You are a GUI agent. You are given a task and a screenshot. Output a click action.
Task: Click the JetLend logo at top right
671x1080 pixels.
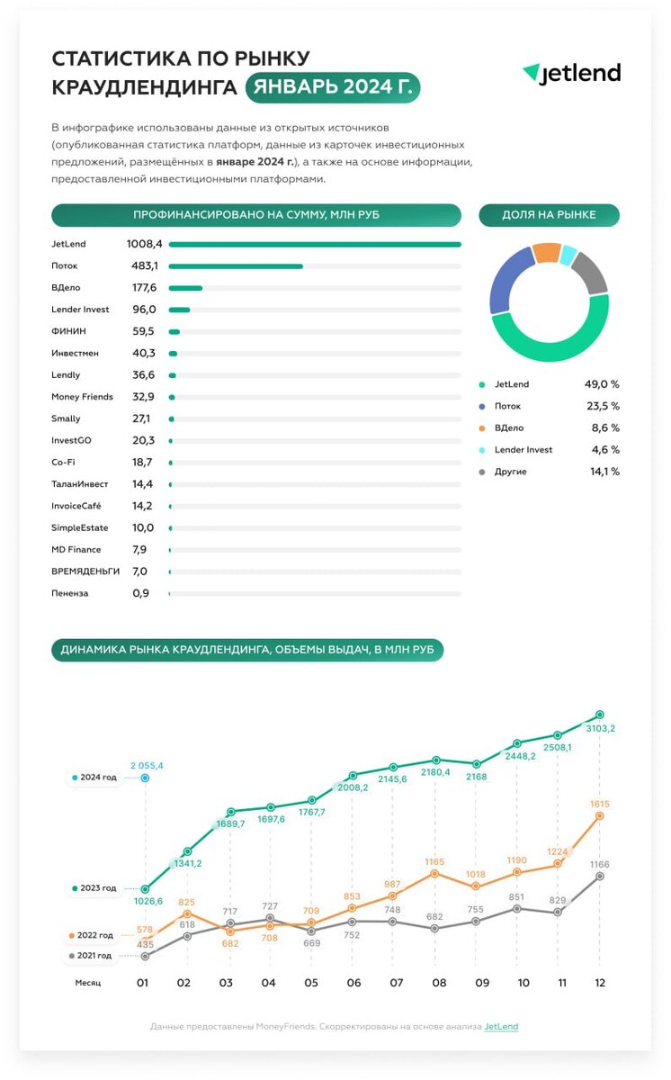pyautogui.click(x=572, y=74)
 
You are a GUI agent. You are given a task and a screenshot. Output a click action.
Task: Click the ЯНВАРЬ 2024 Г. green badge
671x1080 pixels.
pyautogui.click(x=333, y=87)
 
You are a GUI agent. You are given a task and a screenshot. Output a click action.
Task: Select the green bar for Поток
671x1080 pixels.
pyautogui.click(x=236, y=266)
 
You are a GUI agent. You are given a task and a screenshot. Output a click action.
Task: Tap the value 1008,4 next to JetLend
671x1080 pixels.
pyautogui.click(x=145, y=244)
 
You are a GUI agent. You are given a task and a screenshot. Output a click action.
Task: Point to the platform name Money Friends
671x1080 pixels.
pyautogui.click(x=83, y=397)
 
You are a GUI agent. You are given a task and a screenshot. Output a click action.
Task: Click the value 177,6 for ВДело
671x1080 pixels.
pyautogui.click(x=144, y=288)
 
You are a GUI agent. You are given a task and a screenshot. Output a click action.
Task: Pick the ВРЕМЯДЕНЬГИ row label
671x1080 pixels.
pyautogui.click(x=85, y=571)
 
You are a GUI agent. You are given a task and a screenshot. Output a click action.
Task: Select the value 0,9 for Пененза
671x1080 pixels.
pyautogui.click(x=140, y=594)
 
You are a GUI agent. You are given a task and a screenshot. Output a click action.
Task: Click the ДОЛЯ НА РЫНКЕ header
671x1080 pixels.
pyautogui.click(x=549, y=215)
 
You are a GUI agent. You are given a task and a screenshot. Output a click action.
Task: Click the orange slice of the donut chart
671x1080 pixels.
pyautogui.click(x=545, y=253)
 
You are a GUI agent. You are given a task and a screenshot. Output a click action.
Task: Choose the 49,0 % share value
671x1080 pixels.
pyautogui.click(x=602, y=384)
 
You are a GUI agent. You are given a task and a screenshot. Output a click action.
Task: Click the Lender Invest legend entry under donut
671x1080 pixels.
pyautogui.click(x=523, y=450)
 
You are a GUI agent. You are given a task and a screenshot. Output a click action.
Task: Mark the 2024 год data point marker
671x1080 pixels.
pyautogui.click(x=146, y=778)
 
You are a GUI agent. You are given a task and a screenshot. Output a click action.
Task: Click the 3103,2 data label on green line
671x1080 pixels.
pyautogui.click(x=600, y=728)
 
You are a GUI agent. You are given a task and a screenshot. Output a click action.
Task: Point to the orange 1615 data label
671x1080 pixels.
pyautogui.click(x=600, y=803)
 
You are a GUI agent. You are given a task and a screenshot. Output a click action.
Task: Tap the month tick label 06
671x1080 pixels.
pyautogui.click(x=353, y=983)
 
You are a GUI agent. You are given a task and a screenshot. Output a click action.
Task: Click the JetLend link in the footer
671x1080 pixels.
pyautogui.click(x=501, y=1027)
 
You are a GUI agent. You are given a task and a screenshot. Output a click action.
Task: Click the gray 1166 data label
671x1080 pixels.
pyautogui.click(x=600, y=864)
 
